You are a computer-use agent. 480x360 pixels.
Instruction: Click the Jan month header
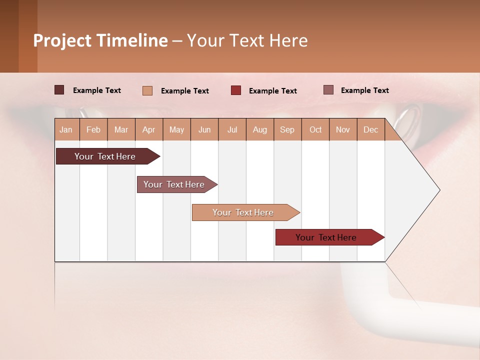pos(66,130)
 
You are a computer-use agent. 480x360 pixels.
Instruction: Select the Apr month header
pos(149,130)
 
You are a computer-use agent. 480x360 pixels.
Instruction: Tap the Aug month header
pos(260,130)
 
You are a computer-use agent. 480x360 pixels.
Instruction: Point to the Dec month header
pos(371,130)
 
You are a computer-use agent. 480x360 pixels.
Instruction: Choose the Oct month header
pos(315,130)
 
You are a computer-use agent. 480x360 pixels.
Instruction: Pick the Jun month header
pos(204,130)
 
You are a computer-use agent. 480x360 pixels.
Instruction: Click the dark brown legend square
pos(59,90)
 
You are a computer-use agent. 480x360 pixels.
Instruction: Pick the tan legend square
pos(147,90)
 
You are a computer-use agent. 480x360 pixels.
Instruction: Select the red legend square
pos(236,90)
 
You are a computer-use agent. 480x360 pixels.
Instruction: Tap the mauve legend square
pos(328,90)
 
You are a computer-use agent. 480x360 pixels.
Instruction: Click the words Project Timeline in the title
pos(100,40)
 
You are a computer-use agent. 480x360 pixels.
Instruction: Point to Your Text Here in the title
pos(247,40)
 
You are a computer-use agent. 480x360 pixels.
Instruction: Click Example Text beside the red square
pos(273,91)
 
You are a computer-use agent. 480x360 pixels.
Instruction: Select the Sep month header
pos(287,130)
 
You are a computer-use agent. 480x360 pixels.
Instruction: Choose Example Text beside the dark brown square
pos(97,90)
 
